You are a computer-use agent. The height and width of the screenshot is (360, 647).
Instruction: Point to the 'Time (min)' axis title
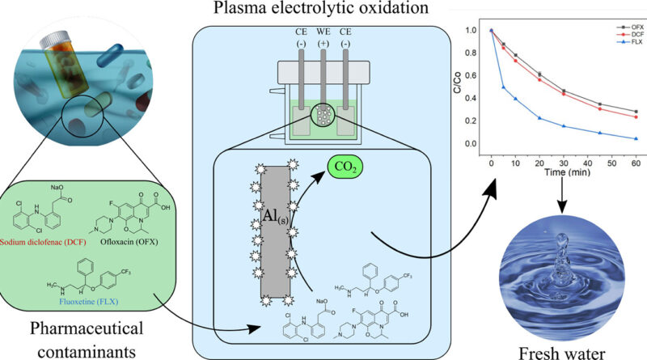point(564,172)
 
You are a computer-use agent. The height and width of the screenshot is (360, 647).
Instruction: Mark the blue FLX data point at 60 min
point(636,138)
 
